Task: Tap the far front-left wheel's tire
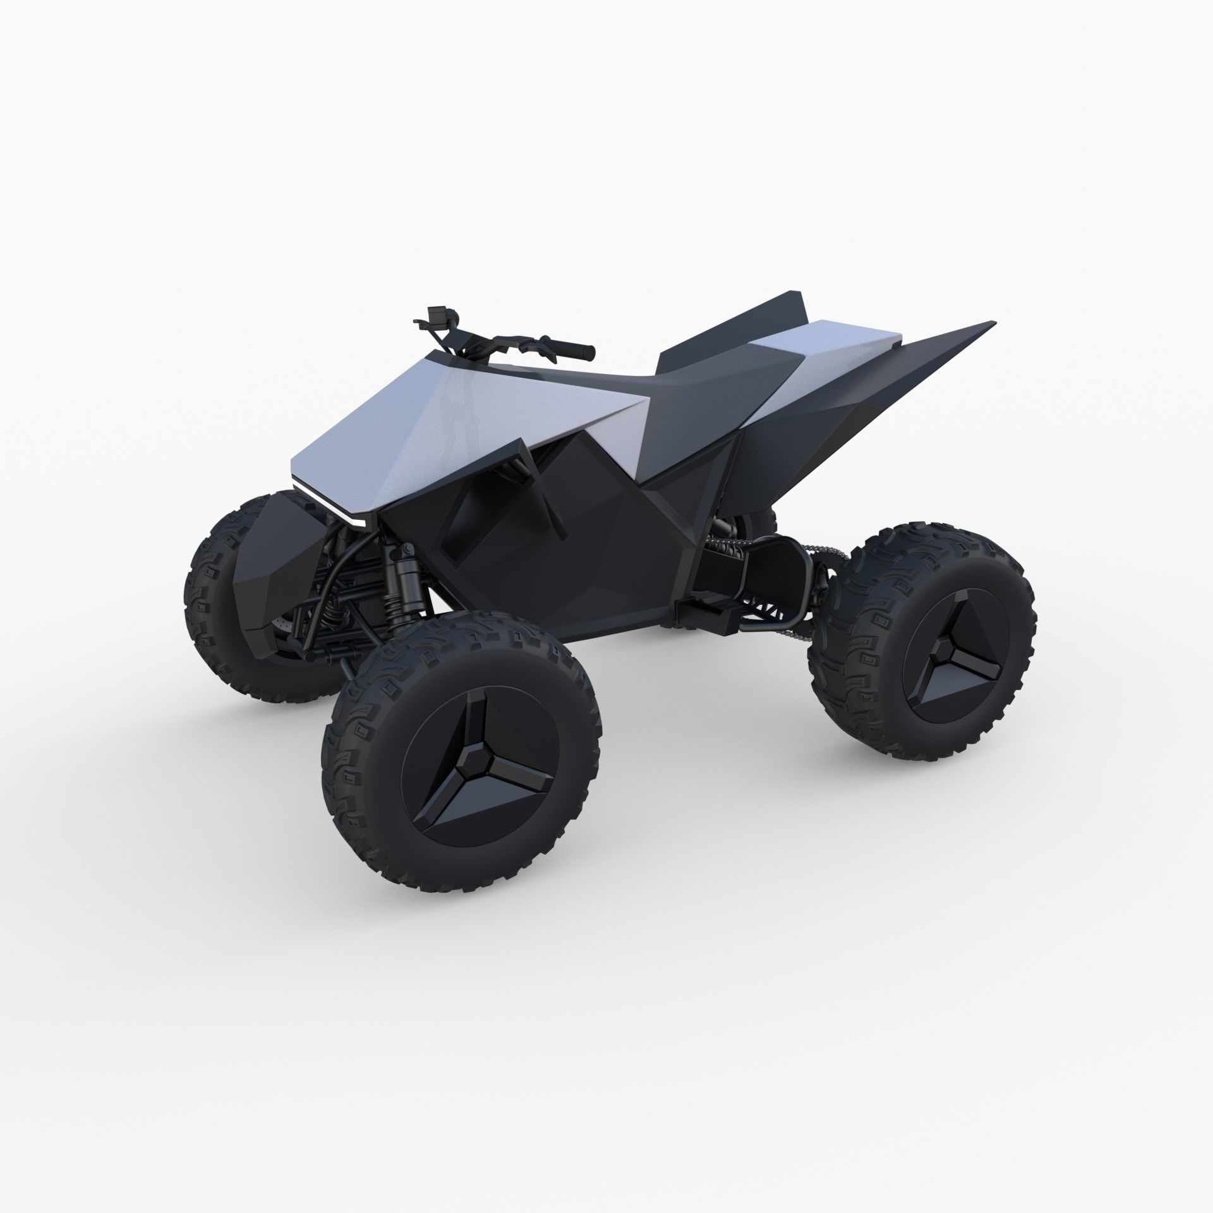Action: point(208,569)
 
